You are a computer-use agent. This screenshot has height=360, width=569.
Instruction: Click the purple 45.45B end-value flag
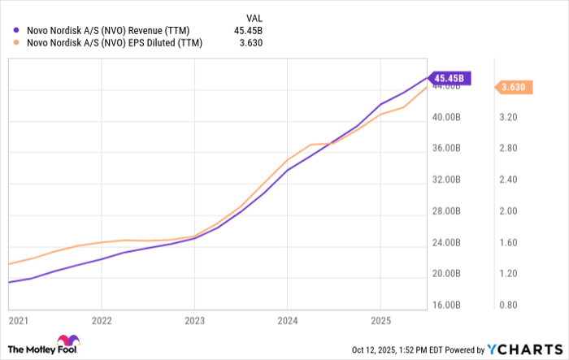tap(449, 79)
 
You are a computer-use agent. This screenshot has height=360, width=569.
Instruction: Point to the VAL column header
tap(254, 16)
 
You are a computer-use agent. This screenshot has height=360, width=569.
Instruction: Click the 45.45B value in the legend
tap(247, 31)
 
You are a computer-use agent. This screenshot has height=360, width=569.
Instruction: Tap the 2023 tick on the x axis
tap(193, 321)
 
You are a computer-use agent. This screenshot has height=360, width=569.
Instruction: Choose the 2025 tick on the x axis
tap(380, 321)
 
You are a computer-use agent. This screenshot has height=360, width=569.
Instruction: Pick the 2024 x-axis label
tap(287, 321)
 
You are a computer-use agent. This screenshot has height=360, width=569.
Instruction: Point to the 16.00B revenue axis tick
tap(448, 305)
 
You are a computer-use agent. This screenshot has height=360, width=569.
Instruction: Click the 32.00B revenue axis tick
tap(448, 180)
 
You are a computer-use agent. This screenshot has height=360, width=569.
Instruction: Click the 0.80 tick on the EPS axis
tap(509, 305)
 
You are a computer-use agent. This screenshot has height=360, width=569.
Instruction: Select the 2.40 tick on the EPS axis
tap(509, 180)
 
